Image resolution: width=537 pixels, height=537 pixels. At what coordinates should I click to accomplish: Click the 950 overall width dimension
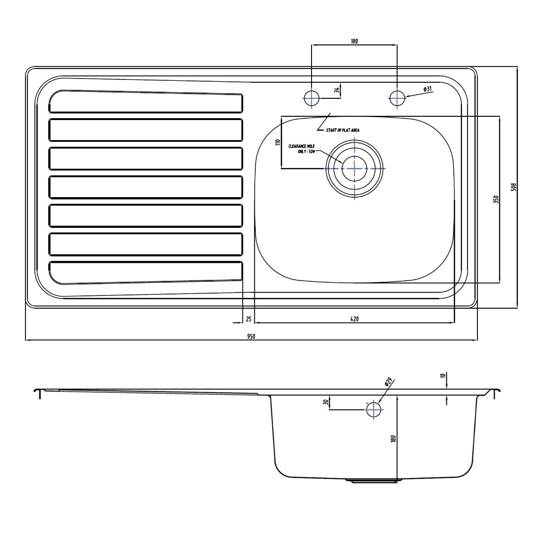click(251, 336)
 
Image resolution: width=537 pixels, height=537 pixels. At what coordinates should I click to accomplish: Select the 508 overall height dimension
click(514, 187)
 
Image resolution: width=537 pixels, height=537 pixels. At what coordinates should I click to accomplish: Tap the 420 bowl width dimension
click(355, 319)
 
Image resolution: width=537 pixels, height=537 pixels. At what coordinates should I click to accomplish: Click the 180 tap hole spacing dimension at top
click(354, 41)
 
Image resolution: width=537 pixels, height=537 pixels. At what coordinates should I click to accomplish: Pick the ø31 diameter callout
click(427, 89)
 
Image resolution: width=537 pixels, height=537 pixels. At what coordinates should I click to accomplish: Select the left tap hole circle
click(311, 98)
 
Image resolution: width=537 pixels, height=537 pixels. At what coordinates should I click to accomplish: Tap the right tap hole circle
click(397, 98)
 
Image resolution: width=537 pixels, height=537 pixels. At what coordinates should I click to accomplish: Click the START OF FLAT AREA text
click(342, 130)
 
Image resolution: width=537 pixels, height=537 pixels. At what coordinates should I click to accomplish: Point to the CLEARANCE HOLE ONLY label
click(302, 149)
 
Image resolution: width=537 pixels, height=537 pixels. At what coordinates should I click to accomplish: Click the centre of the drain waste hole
click(355, 168)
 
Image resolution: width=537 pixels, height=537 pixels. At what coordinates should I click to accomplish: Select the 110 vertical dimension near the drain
click(278, 142)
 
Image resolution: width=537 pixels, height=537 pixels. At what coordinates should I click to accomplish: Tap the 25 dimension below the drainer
click(249, 319)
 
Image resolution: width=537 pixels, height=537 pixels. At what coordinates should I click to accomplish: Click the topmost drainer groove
click(146, 102)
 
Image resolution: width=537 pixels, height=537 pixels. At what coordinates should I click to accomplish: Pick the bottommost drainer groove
click(146, 273)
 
